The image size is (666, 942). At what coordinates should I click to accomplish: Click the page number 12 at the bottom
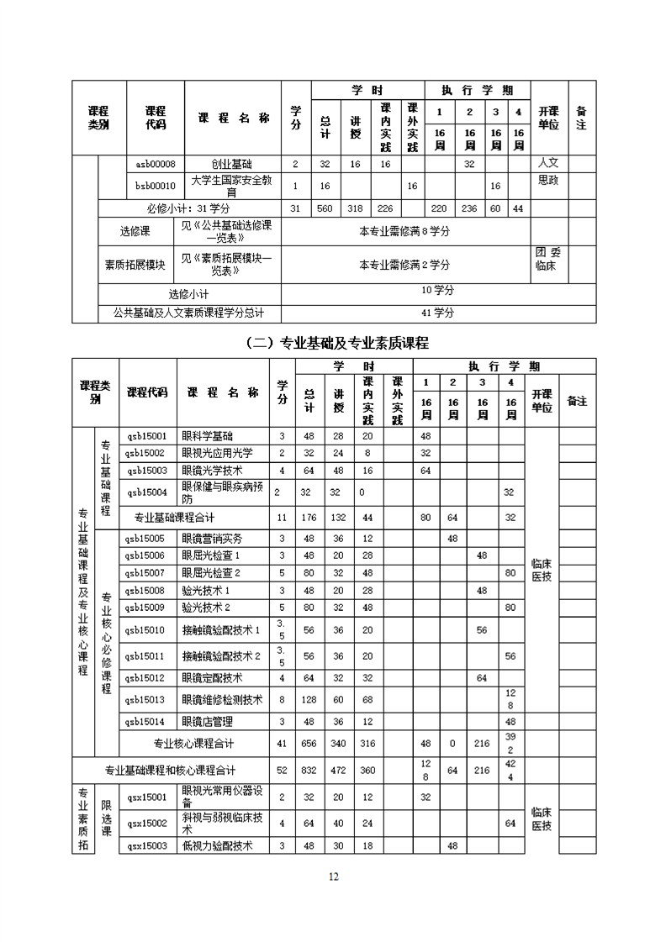[x=333, y=876]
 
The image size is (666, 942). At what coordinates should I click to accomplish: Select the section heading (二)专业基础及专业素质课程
[x=333, y=343]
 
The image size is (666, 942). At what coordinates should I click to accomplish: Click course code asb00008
[x=156, y=164]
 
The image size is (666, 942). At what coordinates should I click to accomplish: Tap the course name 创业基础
[x=232, y=164]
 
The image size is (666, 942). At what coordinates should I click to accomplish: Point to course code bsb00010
[x=156, y=186]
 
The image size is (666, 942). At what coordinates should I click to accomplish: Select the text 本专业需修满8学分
[x=404, y=231]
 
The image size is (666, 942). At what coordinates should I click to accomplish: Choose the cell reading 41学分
[x=437, y=313]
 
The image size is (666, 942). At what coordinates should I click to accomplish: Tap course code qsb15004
[x=146, y=492]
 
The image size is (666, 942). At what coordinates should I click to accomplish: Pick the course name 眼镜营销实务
[x=211, y=538]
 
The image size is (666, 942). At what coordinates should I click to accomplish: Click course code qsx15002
[x=146, y=823]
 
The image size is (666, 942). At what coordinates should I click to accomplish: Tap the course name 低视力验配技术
[x=217, y=845]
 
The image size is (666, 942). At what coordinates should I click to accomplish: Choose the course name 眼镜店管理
[x=207, y=721]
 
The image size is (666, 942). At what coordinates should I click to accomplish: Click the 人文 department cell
[x=548, y=162]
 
